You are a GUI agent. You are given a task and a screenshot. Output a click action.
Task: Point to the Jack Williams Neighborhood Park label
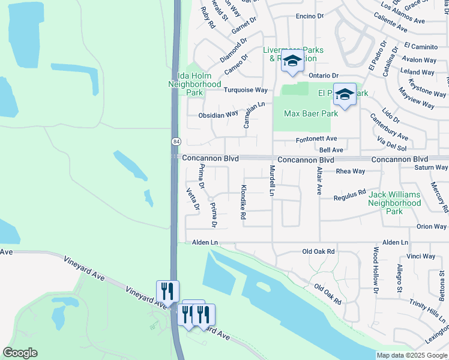point(394,203)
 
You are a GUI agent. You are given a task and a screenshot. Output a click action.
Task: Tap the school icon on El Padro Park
point(345,95)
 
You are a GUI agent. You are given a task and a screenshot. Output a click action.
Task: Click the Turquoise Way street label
point(245,90)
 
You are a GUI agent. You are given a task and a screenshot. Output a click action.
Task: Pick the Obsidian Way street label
point(218,115)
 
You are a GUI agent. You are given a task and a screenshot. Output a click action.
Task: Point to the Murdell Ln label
point(272,181)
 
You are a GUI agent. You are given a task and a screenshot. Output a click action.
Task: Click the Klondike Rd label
point(243,201)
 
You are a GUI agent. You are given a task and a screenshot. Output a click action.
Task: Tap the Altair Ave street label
point(319,181)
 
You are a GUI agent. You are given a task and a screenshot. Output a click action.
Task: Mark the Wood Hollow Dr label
point(376,270)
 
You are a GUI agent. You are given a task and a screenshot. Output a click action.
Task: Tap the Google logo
point(20,353)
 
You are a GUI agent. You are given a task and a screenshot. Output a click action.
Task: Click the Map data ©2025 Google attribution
point(412,355)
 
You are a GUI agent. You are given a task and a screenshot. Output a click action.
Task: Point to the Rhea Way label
point(351,171)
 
